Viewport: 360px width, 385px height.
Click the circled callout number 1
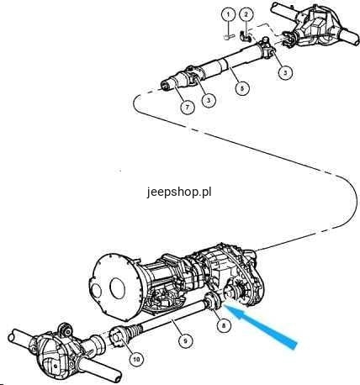coord(228,15)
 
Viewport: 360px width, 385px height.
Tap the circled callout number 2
coord(246,15)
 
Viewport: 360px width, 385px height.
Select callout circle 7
coord(188,107)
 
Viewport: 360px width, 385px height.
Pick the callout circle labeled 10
coord(136,359)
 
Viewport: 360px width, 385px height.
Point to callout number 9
coord(186,340)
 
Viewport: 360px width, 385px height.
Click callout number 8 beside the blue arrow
coord(224,325)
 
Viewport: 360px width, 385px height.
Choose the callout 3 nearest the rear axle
coord(285,72)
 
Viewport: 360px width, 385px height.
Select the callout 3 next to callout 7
coord(208,99)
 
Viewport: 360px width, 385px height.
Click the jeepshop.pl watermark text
coord(179,192)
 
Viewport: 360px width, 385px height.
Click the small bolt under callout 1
coord(230,37)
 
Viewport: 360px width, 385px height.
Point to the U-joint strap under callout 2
coord(245,36)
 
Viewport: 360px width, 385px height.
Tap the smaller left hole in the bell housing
coord(96,294)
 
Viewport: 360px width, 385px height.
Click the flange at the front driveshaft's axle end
coord(117,337)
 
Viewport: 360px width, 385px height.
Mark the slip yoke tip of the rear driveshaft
coord(166,85)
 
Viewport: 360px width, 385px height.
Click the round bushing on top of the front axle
coord(66,330)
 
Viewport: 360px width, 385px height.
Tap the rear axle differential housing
coord(314,28)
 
